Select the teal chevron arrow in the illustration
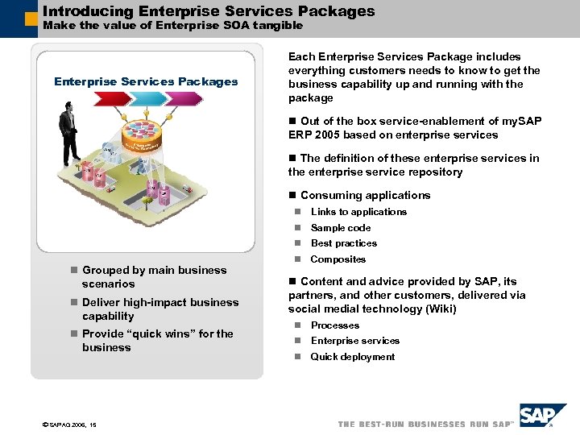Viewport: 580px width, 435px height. pos(152,98)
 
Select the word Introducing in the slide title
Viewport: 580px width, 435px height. pos(88,11)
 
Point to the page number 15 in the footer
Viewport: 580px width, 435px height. pos(93,424)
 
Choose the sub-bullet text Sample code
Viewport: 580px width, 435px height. pos(341,228)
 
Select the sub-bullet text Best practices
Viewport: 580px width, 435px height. pos(344,243)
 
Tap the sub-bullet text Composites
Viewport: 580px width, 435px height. pos(338,259)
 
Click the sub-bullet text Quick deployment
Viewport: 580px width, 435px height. pos(353,357)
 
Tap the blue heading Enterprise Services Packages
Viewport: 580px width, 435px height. pos(146,81)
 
